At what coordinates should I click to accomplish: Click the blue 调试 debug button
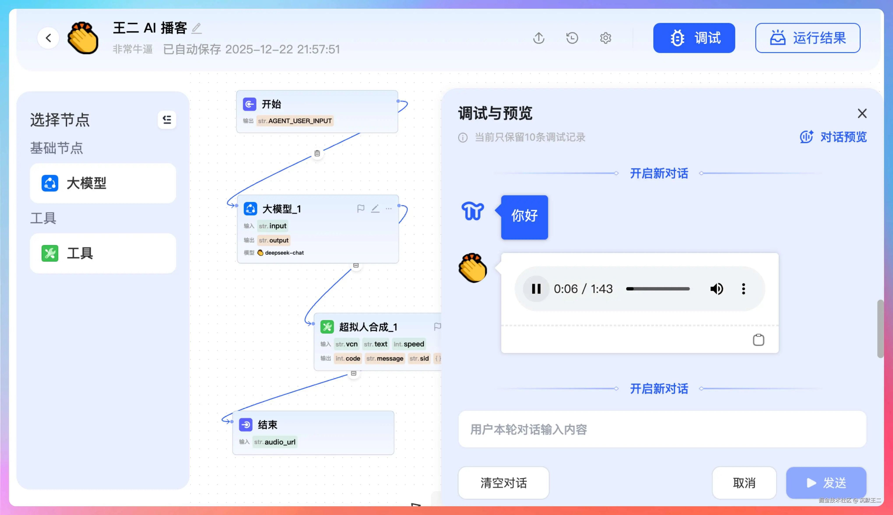[694, 38]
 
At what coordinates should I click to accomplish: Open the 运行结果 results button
[808, 38]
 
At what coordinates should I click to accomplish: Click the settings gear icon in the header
[605, 38]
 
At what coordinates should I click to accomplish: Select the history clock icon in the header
[572, 38]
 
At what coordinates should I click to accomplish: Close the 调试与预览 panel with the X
[862, 113]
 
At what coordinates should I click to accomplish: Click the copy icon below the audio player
[758, 340]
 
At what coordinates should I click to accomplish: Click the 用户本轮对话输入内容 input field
[662, 429]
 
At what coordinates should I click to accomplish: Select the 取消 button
[744, 483]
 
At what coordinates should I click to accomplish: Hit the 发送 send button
[826, 483]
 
